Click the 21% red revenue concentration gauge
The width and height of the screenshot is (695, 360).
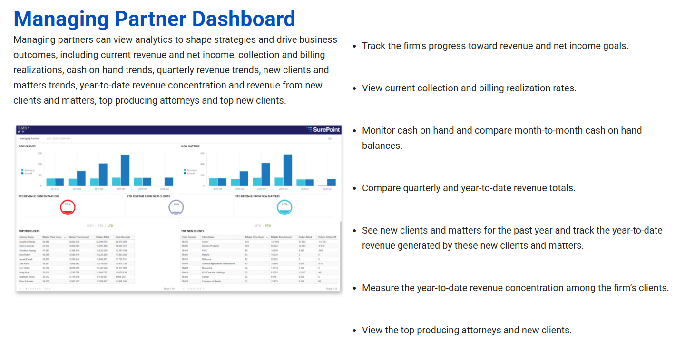[68, 206]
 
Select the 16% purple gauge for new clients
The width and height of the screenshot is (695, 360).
[176, 207]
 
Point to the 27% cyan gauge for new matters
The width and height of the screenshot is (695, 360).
[284, 207]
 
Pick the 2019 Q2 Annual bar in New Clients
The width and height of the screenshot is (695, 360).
[81, 178]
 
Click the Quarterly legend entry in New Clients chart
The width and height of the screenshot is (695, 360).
[29, 170]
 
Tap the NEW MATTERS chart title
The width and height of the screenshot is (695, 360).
[190, 146]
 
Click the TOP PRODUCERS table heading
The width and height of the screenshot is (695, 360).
[29, 231]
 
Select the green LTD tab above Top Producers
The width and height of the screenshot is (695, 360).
[110, 226]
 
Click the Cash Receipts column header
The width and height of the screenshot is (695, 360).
[123, 237]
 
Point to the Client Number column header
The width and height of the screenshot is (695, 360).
[189, 237]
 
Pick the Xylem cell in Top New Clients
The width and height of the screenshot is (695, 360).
[206, 242]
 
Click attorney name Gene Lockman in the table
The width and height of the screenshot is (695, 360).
[26, 246]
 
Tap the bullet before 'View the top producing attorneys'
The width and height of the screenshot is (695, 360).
[354, 331]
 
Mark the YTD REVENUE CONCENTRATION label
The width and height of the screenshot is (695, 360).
[39, 196]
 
